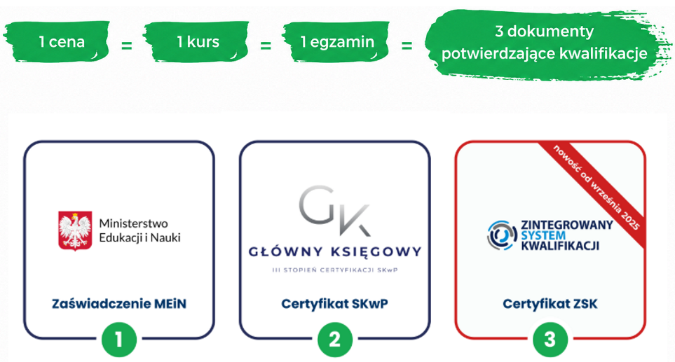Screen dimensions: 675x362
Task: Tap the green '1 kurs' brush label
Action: point(196,42)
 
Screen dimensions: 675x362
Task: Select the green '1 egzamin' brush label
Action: point(336,42)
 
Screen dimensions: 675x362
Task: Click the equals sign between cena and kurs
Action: point(127,45)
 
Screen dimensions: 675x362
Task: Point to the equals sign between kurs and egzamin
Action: point(266,45)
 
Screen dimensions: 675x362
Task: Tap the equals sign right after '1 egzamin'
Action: point(407,45)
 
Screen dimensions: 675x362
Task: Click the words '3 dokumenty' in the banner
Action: point(544,32)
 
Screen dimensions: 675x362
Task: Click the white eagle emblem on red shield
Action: point(75,230)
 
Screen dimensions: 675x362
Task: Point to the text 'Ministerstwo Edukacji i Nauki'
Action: point(139,230)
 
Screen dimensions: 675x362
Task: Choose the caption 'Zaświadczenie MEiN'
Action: point(119,304)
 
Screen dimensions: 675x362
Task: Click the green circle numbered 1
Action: point(119,340)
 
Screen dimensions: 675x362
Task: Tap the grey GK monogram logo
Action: point(334,211)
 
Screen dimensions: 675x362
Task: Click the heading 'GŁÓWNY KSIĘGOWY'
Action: point(335,251)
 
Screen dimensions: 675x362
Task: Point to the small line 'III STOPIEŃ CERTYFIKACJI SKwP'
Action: point(335,270)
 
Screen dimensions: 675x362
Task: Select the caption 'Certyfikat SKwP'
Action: point(334,304)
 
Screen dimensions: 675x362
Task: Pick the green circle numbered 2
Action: point(335,340)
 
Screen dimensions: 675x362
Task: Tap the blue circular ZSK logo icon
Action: point(502,235)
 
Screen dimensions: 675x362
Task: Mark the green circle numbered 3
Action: point(550,340)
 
